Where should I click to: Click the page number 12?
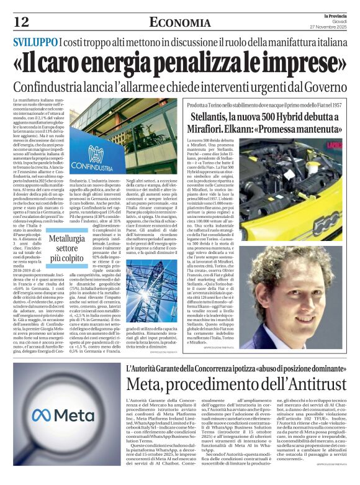pyautogui.click(x=21, y=22)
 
